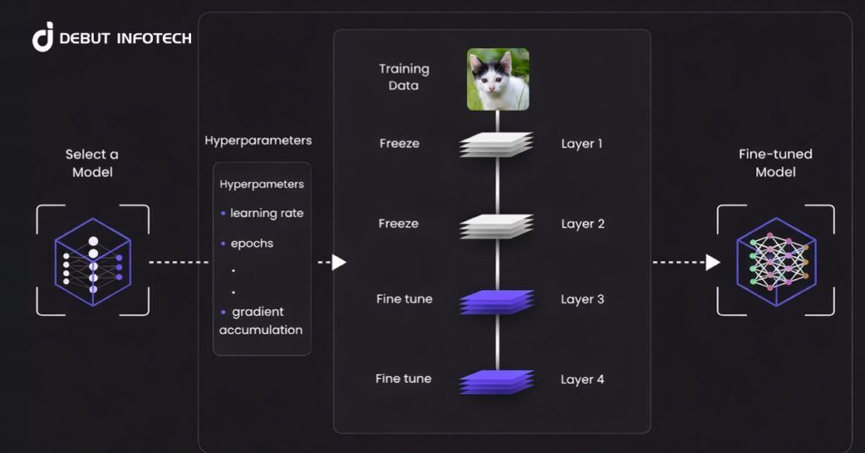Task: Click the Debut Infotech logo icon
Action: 43,38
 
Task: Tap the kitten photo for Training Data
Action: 498,79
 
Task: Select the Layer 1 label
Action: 582,144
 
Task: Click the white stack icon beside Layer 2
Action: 497,225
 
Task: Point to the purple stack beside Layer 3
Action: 497,302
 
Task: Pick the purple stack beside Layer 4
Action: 497,381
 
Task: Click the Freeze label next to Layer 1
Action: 399,144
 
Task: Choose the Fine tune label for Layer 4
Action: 403,379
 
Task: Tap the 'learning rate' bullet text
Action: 266,213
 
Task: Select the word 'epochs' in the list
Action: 252,243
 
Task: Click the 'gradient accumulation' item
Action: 261,321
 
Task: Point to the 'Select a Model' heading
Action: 92,163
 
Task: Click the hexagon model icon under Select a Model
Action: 93,260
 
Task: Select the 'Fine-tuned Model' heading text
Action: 775,163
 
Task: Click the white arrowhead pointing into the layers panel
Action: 339,262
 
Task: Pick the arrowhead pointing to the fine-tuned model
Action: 713,262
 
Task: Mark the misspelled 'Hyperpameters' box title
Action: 262,183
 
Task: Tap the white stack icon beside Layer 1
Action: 497,145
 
